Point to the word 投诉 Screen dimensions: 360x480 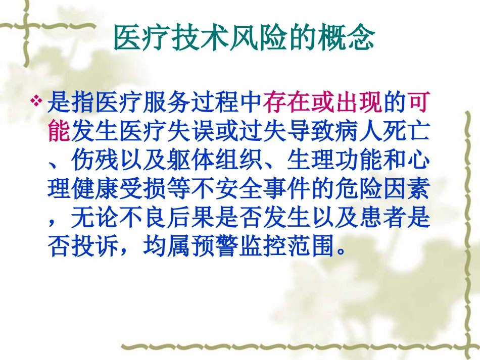click(95, 247)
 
